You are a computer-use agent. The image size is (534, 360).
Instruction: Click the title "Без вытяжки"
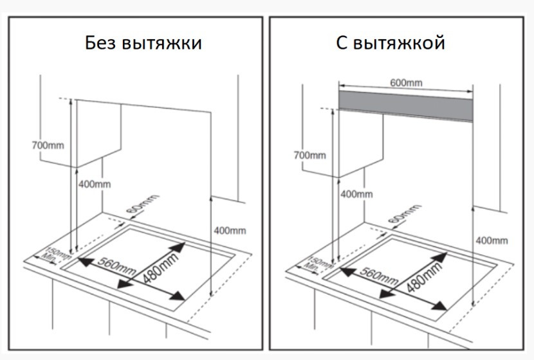click(x=143, y=43)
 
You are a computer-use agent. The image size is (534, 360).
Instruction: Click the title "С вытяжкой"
click(x=391, y=43)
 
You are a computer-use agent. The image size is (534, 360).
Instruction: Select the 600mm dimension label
click(x=406, y=82)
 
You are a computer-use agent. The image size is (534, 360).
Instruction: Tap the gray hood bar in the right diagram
click(x=407, y=100)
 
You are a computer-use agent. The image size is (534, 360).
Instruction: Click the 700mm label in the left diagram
click(x=48, y=145)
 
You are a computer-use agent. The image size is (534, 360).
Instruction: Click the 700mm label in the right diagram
click(x=309, y=155)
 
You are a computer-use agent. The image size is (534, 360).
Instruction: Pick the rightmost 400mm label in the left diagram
click(x=230, y=230)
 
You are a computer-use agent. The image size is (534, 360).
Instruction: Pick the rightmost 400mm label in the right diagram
click(x=492, y=240)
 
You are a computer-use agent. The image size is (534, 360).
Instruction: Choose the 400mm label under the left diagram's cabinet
click(x=95, y=184)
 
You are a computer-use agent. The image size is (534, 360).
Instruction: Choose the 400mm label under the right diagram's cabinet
click(x=356, y=194)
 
